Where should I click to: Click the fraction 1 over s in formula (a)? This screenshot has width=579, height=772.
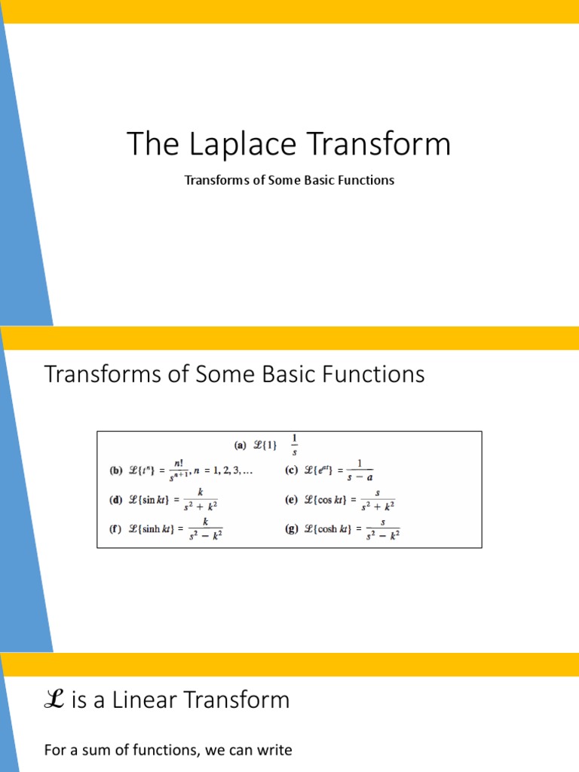[x=294, y=445]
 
